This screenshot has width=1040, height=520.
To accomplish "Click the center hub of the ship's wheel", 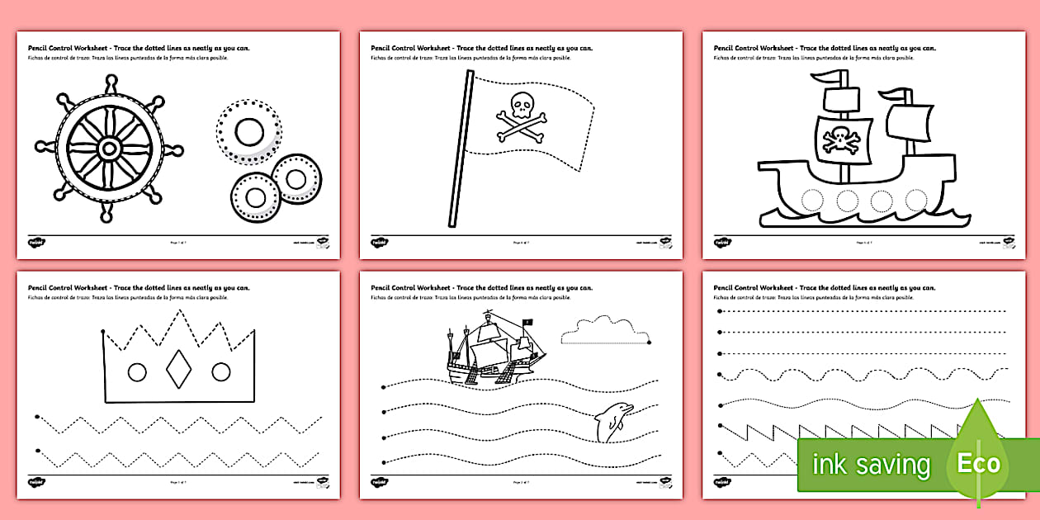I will coord(108,149).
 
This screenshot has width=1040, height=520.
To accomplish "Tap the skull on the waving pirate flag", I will coord(522,105).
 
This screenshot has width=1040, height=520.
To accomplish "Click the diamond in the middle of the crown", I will coord(179,371).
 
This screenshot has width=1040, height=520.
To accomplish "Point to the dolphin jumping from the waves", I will coord(612,422).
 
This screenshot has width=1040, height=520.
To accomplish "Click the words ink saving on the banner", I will coord(871,465).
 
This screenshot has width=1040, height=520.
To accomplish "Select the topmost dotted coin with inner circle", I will coord(249,130).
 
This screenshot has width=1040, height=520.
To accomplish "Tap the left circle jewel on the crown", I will coord(137,372).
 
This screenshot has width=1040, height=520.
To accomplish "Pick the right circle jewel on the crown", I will coord(221,372).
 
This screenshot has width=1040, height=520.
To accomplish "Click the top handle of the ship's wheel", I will coord(108,83).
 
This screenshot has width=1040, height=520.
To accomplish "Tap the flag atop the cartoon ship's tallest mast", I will coord(830,78).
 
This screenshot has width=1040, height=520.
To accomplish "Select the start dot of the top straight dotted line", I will coord(720,311).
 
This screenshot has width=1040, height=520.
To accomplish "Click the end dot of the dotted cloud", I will coord(650,341).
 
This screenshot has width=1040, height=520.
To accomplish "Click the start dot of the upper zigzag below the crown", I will coord(37,418).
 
